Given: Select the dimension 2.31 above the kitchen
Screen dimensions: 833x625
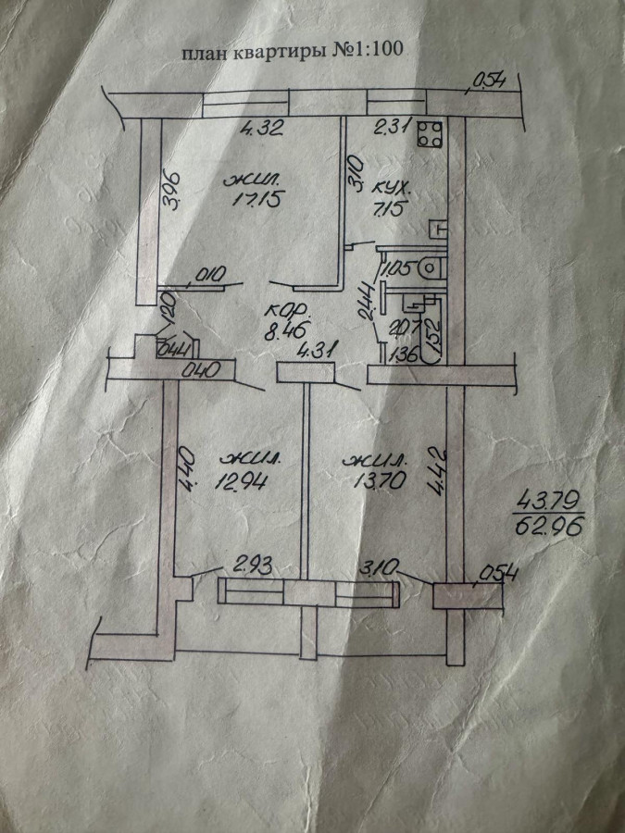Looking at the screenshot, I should point(390,128).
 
